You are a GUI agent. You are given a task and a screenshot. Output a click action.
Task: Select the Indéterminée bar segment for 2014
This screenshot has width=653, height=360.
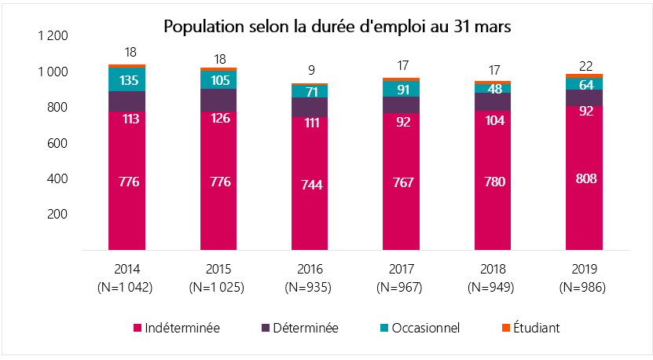127,181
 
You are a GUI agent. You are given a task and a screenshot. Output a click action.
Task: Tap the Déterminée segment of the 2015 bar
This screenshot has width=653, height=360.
218,100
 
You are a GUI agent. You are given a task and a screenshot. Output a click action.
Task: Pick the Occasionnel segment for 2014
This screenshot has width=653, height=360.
127,79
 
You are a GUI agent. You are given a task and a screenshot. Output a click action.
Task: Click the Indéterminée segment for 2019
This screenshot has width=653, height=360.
585,178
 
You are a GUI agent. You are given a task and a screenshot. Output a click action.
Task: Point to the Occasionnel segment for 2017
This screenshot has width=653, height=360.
402,89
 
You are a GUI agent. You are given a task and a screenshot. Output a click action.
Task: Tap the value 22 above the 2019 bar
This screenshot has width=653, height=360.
585,65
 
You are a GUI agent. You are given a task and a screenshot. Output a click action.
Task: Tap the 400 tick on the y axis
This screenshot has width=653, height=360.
59,178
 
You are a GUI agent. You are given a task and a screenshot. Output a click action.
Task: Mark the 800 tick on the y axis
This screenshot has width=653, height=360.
59,108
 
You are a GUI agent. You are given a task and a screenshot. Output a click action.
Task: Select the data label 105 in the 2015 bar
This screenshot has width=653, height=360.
218,79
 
